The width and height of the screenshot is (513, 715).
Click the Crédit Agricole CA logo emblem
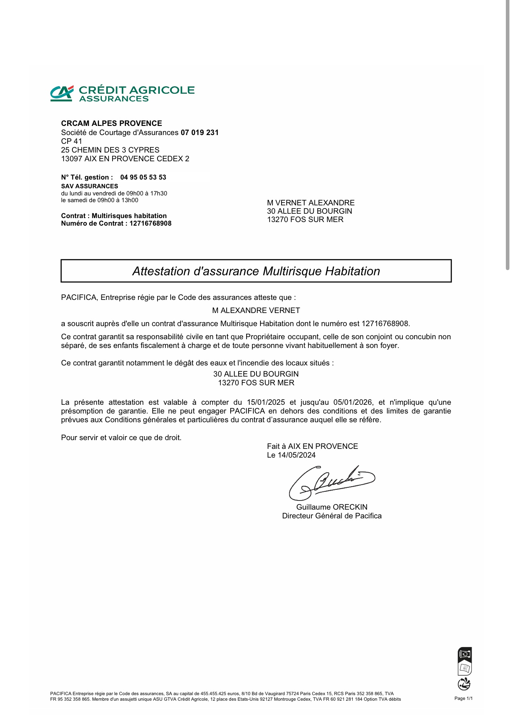point(62,93)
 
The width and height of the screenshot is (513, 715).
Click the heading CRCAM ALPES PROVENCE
point(111,124)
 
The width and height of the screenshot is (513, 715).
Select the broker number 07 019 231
point(200,133)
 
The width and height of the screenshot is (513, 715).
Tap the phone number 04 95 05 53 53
point(143,178)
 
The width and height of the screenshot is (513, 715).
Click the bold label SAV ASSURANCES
point(89,186)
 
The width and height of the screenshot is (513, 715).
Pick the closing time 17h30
point(159,193)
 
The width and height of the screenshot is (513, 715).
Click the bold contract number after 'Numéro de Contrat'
point(150,224)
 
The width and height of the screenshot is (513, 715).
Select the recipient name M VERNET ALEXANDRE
point(311,203)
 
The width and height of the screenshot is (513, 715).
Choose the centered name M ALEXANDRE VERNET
point(256,311)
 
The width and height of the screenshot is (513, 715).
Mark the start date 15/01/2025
point(266,402)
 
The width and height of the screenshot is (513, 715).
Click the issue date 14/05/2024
point(297,455)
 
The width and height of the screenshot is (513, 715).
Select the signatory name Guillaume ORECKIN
point(332,507)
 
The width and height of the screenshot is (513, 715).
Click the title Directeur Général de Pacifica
point(332,516)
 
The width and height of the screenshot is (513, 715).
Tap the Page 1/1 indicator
point(463,698)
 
